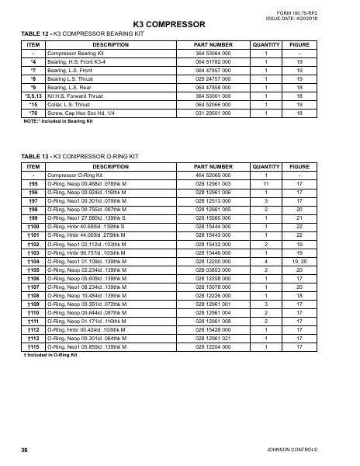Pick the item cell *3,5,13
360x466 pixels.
tap(33, 96)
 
